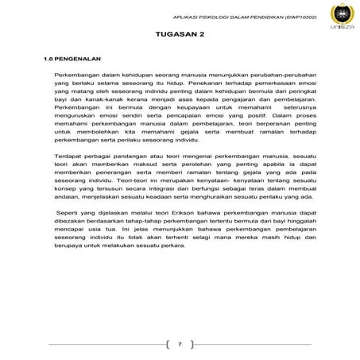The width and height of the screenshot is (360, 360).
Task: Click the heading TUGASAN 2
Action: (x=180, y=37)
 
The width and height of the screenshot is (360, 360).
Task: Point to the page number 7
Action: (x=180, y=344)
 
